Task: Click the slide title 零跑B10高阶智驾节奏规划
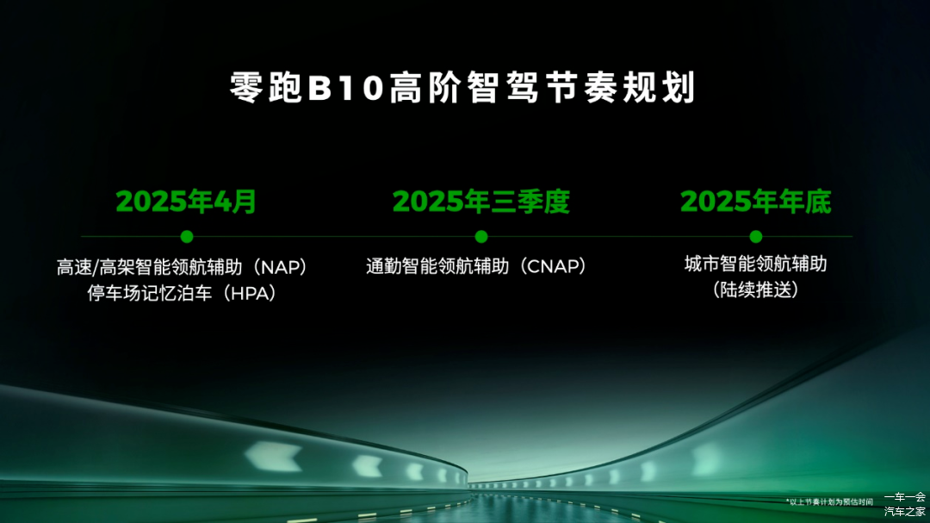pyautogui.click(x=462, y=88)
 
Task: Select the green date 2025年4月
pyautogui.click(x=186, y=202)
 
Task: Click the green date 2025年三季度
pyautogui.click(x=481, y=202)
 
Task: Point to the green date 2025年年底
pyautogui.click(x=756, y=202)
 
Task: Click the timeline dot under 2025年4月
pyautogui.click(x=187, y=237)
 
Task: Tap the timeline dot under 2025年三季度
pyautogui.click(x=481, y=237)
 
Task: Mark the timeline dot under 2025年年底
pyautogui.click(x=756, y=237)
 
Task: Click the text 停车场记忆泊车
pyautogui.click(x=150, y=293)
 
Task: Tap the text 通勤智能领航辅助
pyautogui.click(x=437, y=266)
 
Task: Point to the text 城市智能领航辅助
pyautogui.click(x=756, y=264)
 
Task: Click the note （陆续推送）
pyautogui.click(x=756, y=290)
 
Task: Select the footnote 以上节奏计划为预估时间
pyautogui.click(x=830, y=502)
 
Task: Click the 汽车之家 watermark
pyautogui.click(x=904, y=511)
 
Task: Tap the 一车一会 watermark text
pyautogui.click(x=904, y=497)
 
